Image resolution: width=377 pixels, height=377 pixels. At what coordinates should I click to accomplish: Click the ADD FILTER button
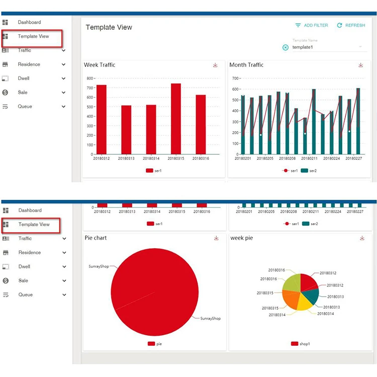pyautogui.click(x=311, y=25)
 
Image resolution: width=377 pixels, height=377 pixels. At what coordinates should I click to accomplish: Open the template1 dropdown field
pyautogui.click(x=329, y=47)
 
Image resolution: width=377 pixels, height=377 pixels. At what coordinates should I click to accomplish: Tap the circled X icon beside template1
pyautogui.click(x=286, y=47)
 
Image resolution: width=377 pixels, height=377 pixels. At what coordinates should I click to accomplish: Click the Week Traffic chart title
pyautogui.click(x=100, y=65)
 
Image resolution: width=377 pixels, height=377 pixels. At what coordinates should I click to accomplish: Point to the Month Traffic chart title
pyautogui.click(x=246, y=65)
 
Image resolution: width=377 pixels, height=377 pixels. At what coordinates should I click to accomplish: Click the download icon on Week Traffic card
pyautogui.click(x=215, y=65)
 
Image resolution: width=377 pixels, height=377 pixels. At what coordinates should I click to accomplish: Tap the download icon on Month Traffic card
pyautogui.click(x=360, y=65)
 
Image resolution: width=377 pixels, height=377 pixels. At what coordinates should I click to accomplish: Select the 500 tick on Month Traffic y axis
pyautogui.click(x=235, y=100)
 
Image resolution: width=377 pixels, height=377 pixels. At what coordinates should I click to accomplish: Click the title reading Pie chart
pyautogui.click(x=96, y=238)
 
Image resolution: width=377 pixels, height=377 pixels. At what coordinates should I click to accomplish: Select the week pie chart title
pyautogui.click(x=242, y=238)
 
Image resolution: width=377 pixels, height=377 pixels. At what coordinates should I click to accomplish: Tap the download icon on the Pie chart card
pyautogui.click(x=216, y=238)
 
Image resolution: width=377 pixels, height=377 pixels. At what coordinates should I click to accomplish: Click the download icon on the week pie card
pyautogui.click(x=362, y=238)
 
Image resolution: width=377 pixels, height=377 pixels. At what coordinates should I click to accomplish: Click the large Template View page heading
pyautogui.click(x=109, y=28)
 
